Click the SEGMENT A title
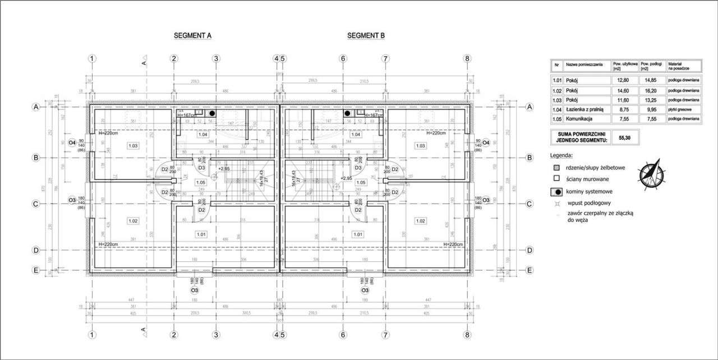click(x=192, y=35)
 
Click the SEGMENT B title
click(x=366, y=35)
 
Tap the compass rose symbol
click(x=650, y=173)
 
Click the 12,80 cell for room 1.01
click(x=624, y=80)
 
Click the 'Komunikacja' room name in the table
click(x=579, y=119)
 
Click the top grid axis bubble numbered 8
click(x=468, y=58)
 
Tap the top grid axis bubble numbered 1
click(x=93, y=58)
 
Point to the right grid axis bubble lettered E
click(x=528, y=270)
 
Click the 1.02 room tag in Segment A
click(x=133, y=220)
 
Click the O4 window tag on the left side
click(x=72, y=142)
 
